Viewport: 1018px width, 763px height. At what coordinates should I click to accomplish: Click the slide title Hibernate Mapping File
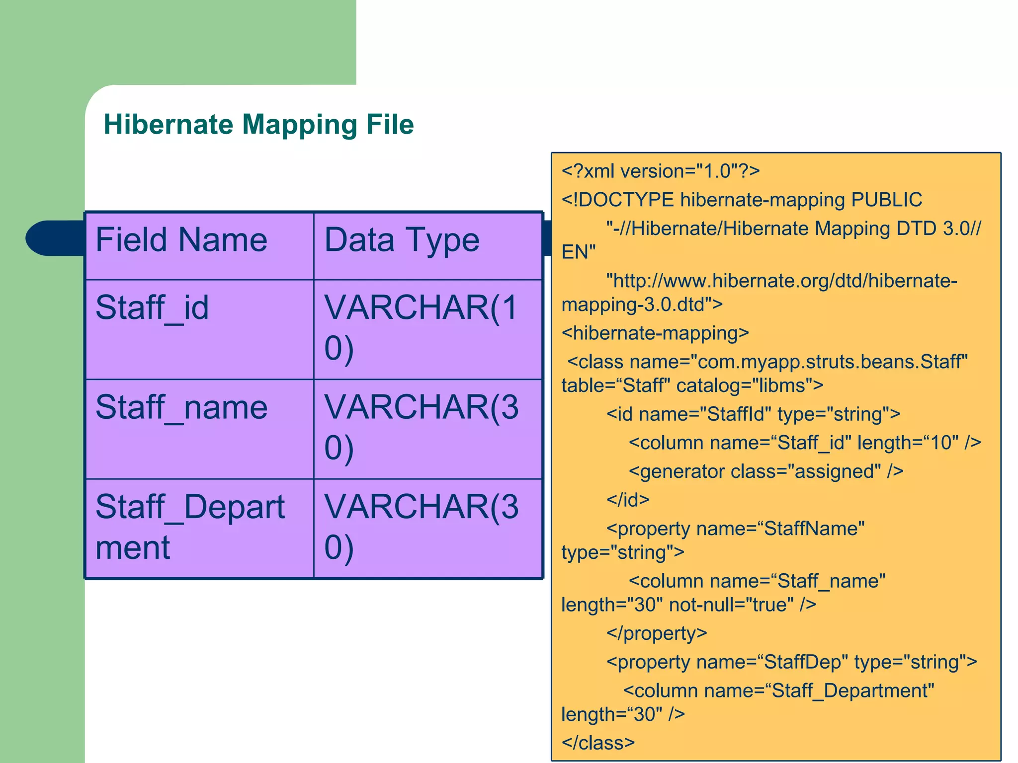tap(258, 124)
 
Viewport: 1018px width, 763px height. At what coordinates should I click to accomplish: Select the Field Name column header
tap(181, 240)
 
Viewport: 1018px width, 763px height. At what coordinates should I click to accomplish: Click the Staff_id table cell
tap(152, 308)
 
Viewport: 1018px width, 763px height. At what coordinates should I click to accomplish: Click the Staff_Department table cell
tap(190, 527)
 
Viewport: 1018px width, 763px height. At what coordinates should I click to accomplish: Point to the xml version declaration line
tap(660, 171)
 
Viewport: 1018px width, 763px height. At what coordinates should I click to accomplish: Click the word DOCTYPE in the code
tap(626, 200)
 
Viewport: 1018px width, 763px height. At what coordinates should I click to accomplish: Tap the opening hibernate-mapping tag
tap(655, 333)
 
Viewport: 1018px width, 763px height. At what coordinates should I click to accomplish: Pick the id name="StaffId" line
tap(753, 414)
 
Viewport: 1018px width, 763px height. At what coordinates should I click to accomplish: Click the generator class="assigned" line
tap(765, 471)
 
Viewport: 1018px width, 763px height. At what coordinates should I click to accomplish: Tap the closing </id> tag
tap(628, 500)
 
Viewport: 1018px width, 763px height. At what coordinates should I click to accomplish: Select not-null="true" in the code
tap(731, 605)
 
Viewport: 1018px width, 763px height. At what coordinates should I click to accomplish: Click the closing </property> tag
tap(656, 633)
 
